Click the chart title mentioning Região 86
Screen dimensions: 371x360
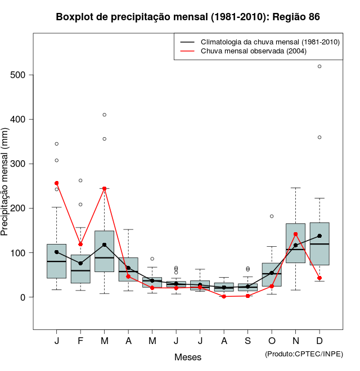pos(188,17)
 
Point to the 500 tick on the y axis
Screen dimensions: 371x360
pos(22,75)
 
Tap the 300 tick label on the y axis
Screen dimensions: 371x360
pos(22,164)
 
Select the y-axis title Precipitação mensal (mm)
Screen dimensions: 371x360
pos(6,188)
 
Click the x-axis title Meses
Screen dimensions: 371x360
pos(188,357)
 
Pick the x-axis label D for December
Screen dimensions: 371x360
pos(319,341)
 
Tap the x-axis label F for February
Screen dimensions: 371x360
pos(80,341)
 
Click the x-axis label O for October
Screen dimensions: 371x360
pos(272,341)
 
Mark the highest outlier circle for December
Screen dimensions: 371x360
pos(319,66)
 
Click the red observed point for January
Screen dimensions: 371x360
pos(56,183)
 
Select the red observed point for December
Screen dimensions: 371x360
pos(319,278)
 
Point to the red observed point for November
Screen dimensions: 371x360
pos(295,234)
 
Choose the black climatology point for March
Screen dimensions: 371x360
pos(104,245)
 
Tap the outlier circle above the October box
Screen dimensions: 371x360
pos(272,216)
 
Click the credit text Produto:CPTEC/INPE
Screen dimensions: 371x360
pos(304,354)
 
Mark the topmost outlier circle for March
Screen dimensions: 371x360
pos(104,115)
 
